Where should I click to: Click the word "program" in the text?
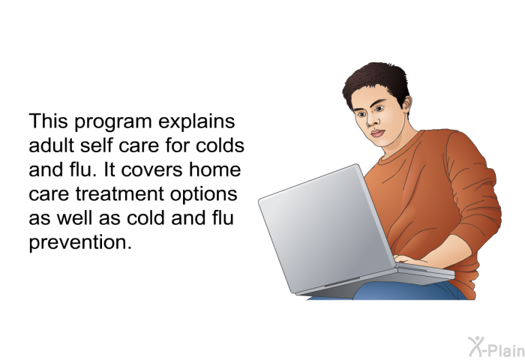pyautogui.click(x=112, y=122)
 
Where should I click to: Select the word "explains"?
pyautogui.click(x=196, y=121)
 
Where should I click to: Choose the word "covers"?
pyautogui.click(x=152, y=170)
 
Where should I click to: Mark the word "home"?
pyautogui.click(x=215, y=169)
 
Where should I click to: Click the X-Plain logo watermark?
pyautogui.click(x=496, y=347)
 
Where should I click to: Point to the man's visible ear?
pyautogui.click(x=406, y=105)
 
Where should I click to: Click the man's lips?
pyautogui.click(x=378, y=133)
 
